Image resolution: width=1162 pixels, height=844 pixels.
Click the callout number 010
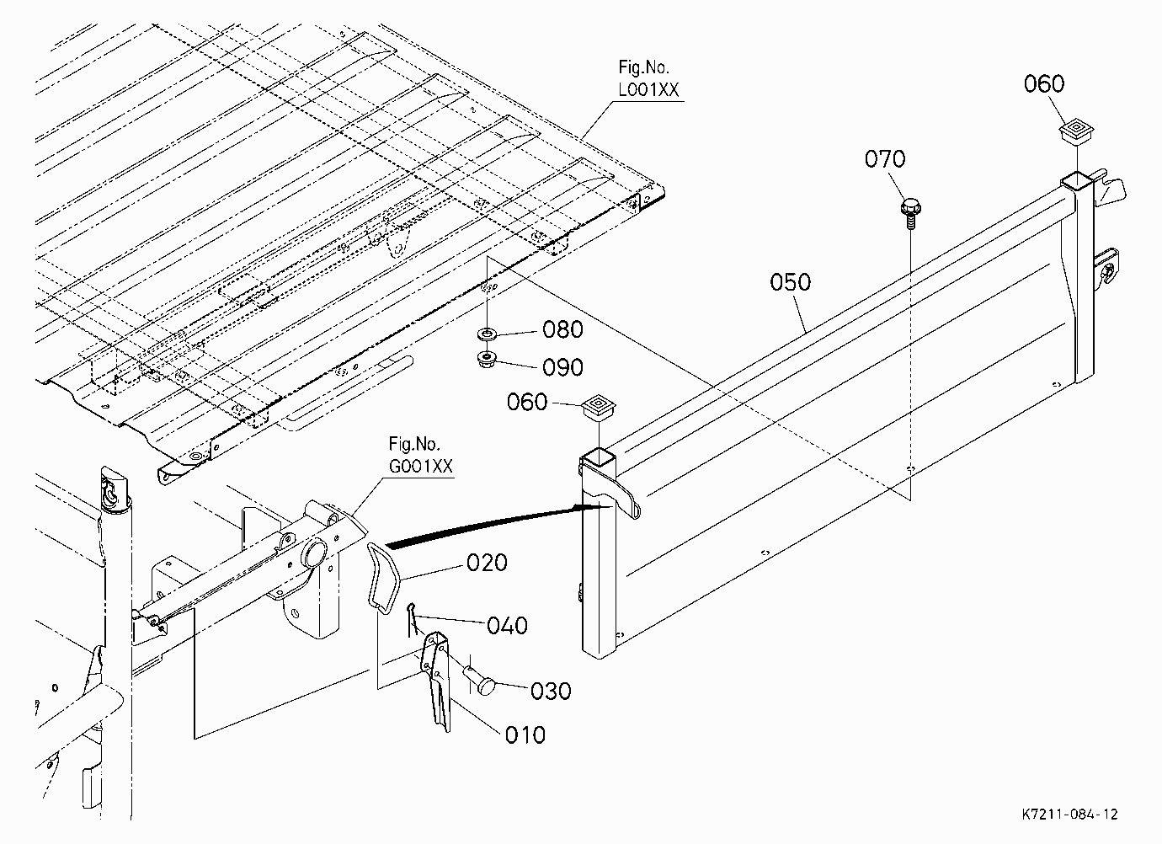[x=525, y=735]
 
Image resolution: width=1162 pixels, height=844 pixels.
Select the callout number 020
[x=487, y=563]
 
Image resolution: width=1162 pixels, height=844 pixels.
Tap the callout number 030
[x=551, y=692]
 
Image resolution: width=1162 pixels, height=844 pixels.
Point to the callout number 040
[x=507, y=626]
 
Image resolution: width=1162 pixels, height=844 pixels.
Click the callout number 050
[x=790, y=282]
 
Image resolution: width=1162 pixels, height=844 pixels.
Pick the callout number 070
[x=885, y=159]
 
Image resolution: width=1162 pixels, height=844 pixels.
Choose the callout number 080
[x=562, y=329]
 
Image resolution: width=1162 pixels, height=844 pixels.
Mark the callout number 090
[x=562, y=367]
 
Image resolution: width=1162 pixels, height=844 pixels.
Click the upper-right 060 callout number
[x=1044, y=84]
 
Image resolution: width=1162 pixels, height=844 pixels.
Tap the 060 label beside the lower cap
[x=527, y=403]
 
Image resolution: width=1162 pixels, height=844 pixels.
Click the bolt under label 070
[x=910, y=213]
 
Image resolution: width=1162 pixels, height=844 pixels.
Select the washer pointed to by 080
[x=486, y=334]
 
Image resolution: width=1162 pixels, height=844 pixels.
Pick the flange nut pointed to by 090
[x=487, y=359]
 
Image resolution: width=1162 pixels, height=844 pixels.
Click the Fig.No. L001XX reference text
[x=648, y=78]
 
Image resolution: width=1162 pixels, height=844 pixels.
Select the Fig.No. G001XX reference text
[x=421, y=455]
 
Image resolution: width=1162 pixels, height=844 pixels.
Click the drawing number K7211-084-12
[x=1069, y=814]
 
